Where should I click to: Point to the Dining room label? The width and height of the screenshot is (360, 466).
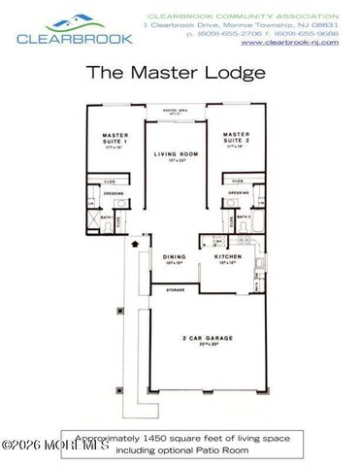click(x=173, y=255)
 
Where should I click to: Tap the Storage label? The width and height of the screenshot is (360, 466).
click(x=176, y=288)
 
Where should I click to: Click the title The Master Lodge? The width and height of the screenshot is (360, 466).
click(x=180, y=71)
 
